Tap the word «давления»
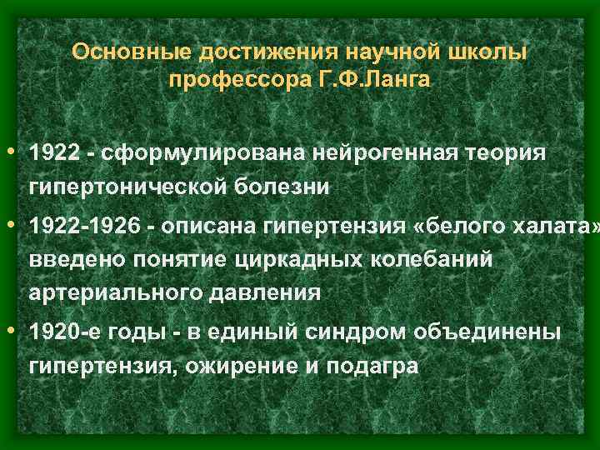(x=262, y=292)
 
